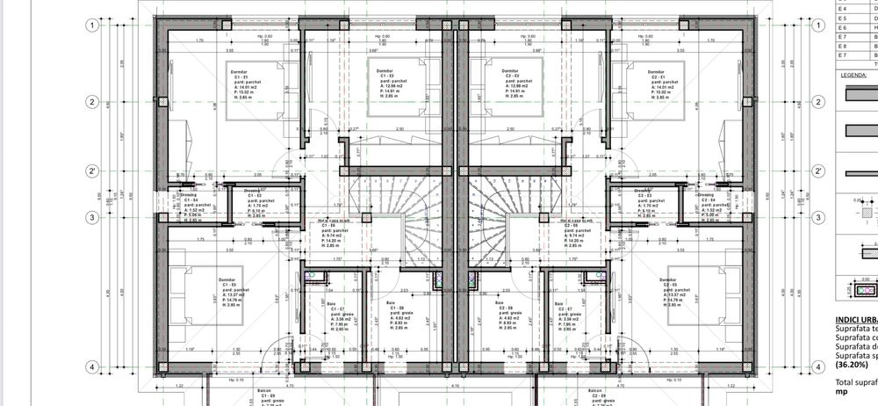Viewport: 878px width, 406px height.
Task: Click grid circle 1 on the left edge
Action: pos(90,25)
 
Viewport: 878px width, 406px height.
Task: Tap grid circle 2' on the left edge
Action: pos(90,171)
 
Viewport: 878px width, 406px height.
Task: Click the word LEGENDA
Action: pos(854,76)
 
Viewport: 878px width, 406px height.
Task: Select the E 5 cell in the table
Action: pos(843,18)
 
